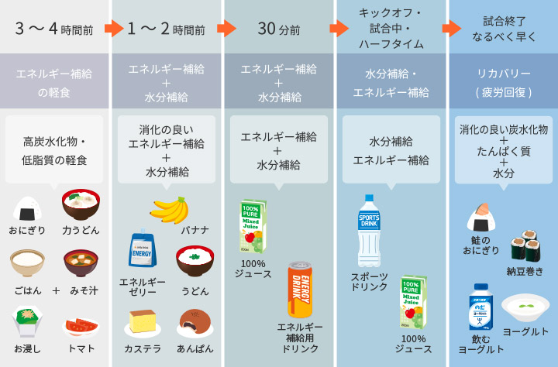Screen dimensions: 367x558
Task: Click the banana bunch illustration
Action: [x=170, y=209]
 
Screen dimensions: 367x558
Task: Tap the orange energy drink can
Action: [x=299, y=290]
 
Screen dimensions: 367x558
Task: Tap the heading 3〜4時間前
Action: [x=54, y=30]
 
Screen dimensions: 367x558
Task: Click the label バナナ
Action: [x=195, y=230]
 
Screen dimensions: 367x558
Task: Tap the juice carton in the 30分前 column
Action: [x=253, y=225]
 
